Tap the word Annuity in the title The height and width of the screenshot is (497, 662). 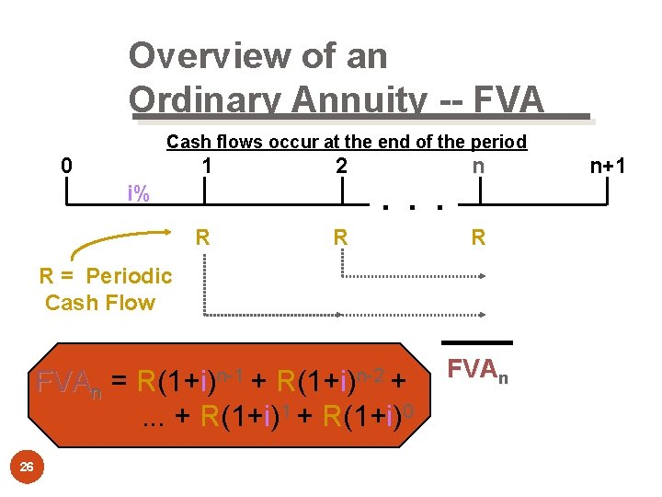(x=350, y=99)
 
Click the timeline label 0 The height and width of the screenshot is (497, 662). (x=65, y=167)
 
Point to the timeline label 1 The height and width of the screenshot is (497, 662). (x=208, y=167)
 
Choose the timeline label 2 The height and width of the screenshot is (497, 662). (x=341, y=167)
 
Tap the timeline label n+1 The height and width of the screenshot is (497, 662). (x=609, y=167)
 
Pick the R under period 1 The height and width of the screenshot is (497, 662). (x=203, y=237)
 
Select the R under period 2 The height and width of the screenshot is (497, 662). (x=340, y=237)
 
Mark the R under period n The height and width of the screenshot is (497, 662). (x=478, y=237)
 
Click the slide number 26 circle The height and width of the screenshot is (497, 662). (x=27, y=468)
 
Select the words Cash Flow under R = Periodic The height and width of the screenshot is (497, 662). (x=100, y=303)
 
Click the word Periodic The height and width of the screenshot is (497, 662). (x=130, y=276)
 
